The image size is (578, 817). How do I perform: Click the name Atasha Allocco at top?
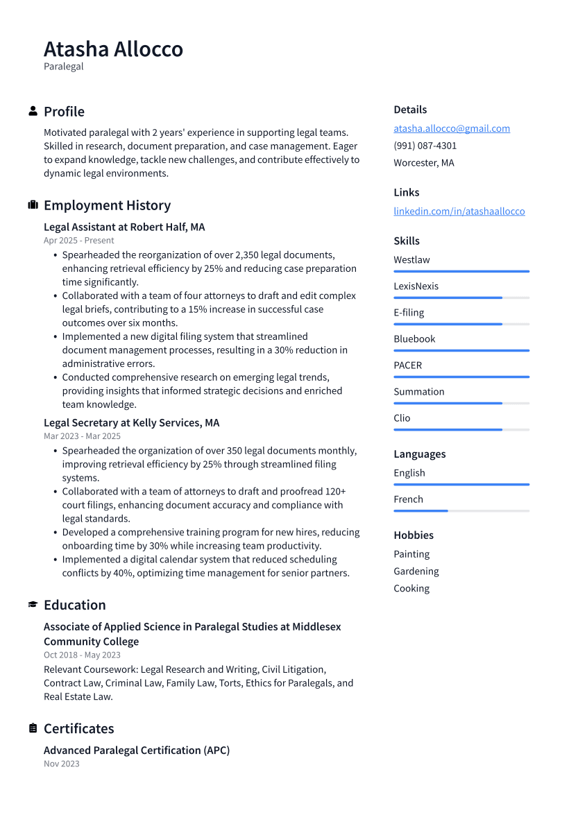point(113,49)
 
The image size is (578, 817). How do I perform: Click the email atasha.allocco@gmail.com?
point(452,128)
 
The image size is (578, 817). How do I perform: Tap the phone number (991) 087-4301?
point(425,146)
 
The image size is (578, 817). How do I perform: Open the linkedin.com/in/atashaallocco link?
point(459,211)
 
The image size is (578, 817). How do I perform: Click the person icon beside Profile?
point(33,111)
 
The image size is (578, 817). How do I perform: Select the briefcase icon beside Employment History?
point(33,205)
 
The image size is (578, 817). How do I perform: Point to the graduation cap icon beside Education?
point(33,605)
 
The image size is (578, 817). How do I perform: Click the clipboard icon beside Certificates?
point(33,728)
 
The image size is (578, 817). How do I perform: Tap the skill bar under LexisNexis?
point(461,298)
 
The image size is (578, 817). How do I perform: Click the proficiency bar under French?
point(461,511)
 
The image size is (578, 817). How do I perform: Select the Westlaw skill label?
point(411,260)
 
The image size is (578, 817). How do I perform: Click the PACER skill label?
point(407,365)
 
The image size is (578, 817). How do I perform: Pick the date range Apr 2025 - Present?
point(78,241)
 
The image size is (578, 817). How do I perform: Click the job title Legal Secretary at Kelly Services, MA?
point(131,422)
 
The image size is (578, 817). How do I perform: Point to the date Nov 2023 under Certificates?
point(61,764)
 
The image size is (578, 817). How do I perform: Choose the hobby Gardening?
point(416,571)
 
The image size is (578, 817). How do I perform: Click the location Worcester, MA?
point(423,163)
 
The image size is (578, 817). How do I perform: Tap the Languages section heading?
point(419,454)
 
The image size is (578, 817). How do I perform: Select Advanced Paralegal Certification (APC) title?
point(136,750)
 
